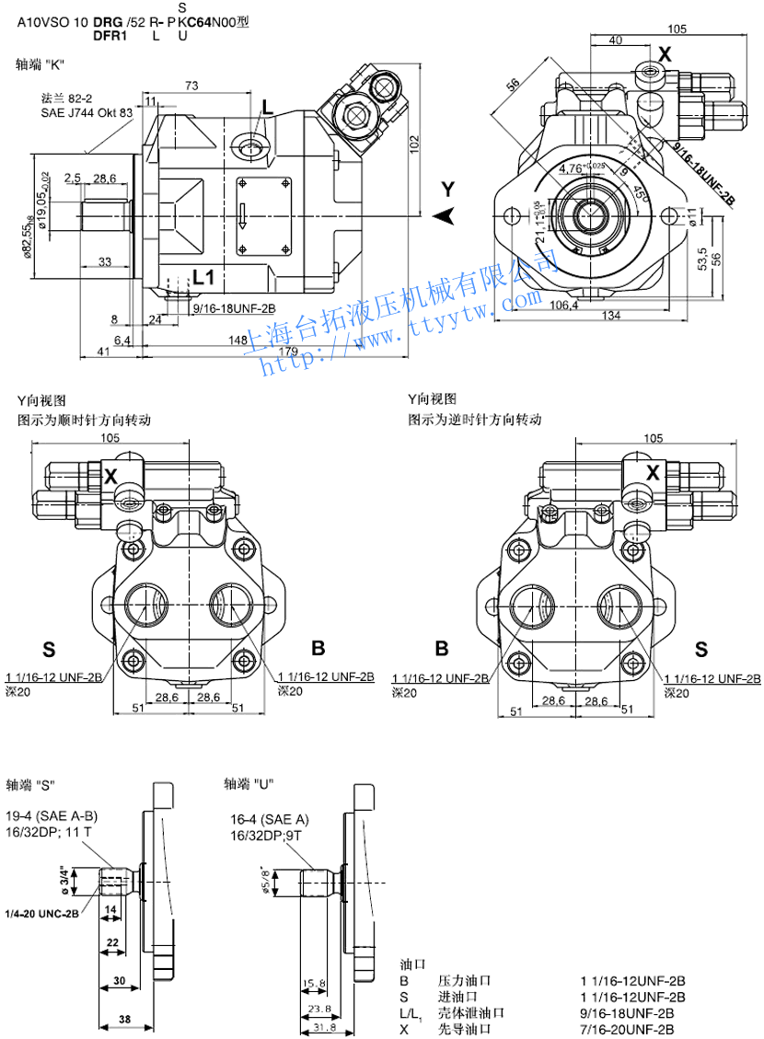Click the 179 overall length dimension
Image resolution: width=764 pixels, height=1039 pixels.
(x=287, y=352)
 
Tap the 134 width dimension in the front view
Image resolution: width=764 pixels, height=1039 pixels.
(x=610, y=317)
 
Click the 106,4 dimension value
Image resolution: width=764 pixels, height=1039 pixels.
(x=563, y=305)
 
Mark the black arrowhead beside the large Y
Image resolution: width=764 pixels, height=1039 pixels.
(x=446, y=215)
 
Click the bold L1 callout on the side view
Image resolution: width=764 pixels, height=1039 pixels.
(x=203, y=276)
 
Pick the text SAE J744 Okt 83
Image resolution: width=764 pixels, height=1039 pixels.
(x=87, y=112)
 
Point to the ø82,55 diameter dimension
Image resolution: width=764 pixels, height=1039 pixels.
(x=29, y=234)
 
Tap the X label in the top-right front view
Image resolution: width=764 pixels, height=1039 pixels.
(x=665, y=54)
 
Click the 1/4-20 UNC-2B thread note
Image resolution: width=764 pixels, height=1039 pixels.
(x=42, y=914)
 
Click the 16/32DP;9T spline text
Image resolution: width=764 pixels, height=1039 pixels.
(x=271, y=835)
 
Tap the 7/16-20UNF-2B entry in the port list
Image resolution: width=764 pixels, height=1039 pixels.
(x=633, y=1028)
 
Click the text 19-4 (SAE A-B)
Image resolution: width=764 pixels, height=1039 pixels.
(x=52, y=816)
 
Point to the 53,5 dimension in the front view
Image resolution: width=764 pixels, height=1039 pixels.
(x=702, y=259)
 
